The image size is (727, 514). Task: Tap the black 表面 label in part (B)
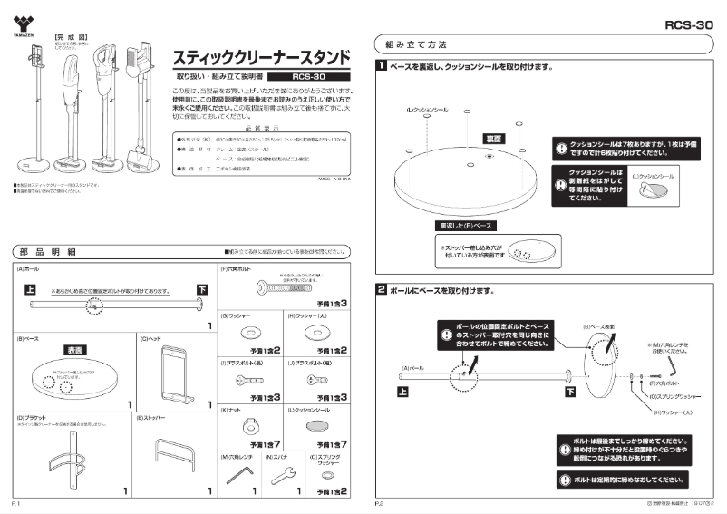click(77, 349)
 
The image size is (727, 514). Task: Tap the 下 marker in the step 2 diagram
click(570, 393)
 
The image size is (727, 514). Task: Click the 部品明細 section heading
click(46, 250)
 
